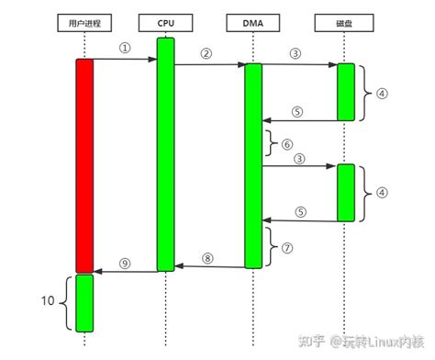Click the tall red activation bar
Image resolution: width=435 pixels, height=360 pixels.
[x=84, y=165]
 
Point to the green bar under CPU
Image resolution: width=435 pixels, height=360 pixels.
[x=165, y=154]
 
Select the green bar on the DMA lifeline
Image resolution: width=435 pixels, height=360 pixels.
[x=252, y=165]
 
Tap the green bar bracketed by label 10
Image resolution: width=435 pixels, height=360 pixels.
[x=84, y=303]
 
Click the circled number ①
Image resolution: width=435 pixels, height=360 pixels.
[x=125, y=47]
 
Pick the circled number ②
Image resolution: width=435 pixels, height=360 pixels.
[x=206, y=53]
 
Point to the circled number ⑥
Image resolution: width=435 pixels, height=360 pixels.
[x=287, y=144]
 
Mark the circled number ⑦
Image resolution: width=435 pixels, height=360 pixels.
[x=288, y=247]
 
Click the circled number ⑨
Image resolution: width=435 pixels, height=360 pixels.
[x=125, y=262]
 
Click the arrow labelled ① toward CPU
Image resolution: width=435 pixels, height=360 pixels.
[x=125, y=60]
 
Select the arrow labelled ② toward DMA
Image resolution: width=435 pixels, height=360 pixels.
[x=208, y=65]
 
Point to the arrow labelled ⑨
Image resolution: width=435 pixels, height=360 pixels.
[x=125, y=271]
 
